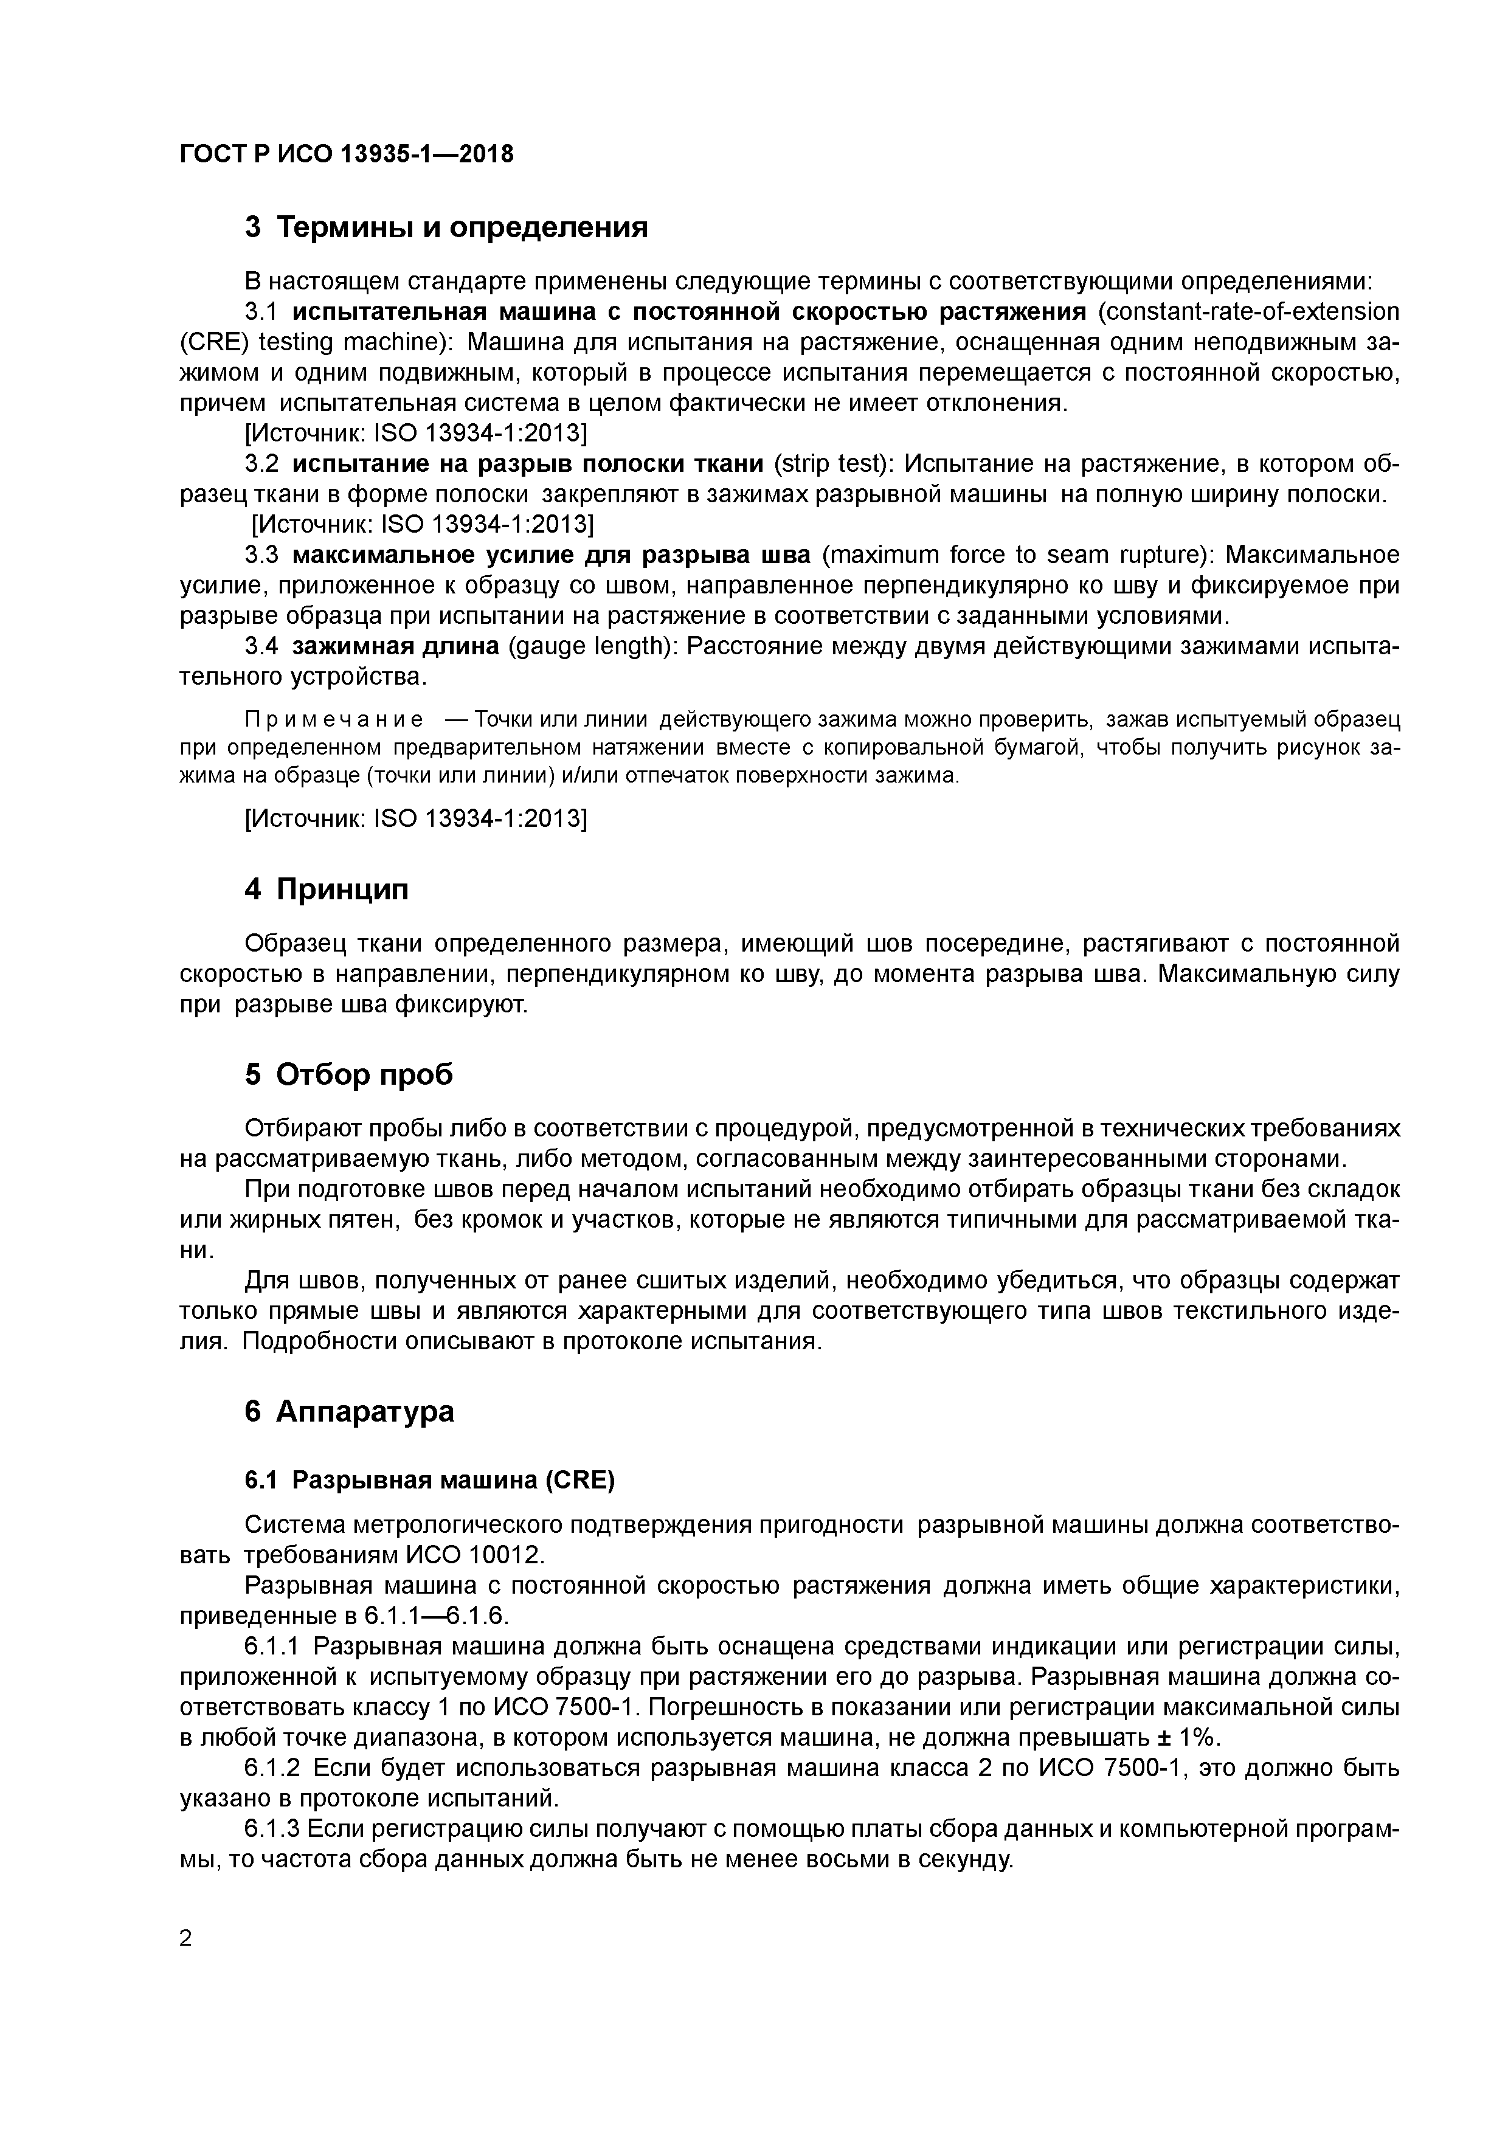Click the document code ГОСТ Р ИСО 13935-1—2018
pos(345,153)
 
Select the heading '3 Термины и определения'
pos(446,227)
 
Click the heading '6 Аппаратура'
pos(350,1411)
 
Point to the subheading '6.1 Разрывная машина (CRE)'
pos(429,1480)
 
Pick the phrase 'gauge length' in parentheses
pos(595,646)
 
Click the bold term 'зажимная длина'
pos(396,646)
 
